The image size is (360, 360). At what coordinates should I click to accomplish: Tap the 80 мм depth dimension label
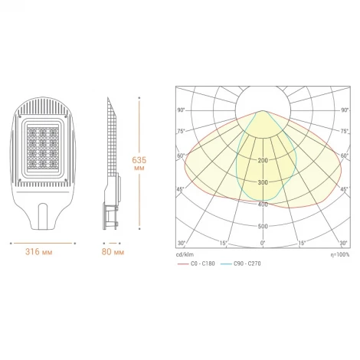coord(112,251)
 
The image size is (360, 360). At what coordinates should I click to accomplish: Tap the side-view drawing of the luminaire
coord(110,165)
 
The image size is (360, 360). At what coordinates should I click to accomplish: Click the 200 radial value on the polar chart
coord(263,160)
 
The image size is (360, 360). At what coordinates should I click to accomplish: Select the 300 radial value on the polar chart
coord(263,182)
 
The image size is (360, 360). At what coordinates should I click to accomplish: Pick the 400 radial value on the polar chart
coord(263,205)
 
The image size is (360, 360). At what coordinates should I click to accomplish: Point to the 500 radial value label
coord(263,227)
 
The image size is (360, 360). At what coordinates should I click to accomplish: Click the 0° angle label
coord(263,244)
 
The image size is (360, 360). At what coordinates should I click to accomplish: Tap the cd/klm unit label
coord(183,254)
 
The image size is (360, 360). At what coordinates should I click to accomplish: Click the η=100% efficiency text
coord(338,254)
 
